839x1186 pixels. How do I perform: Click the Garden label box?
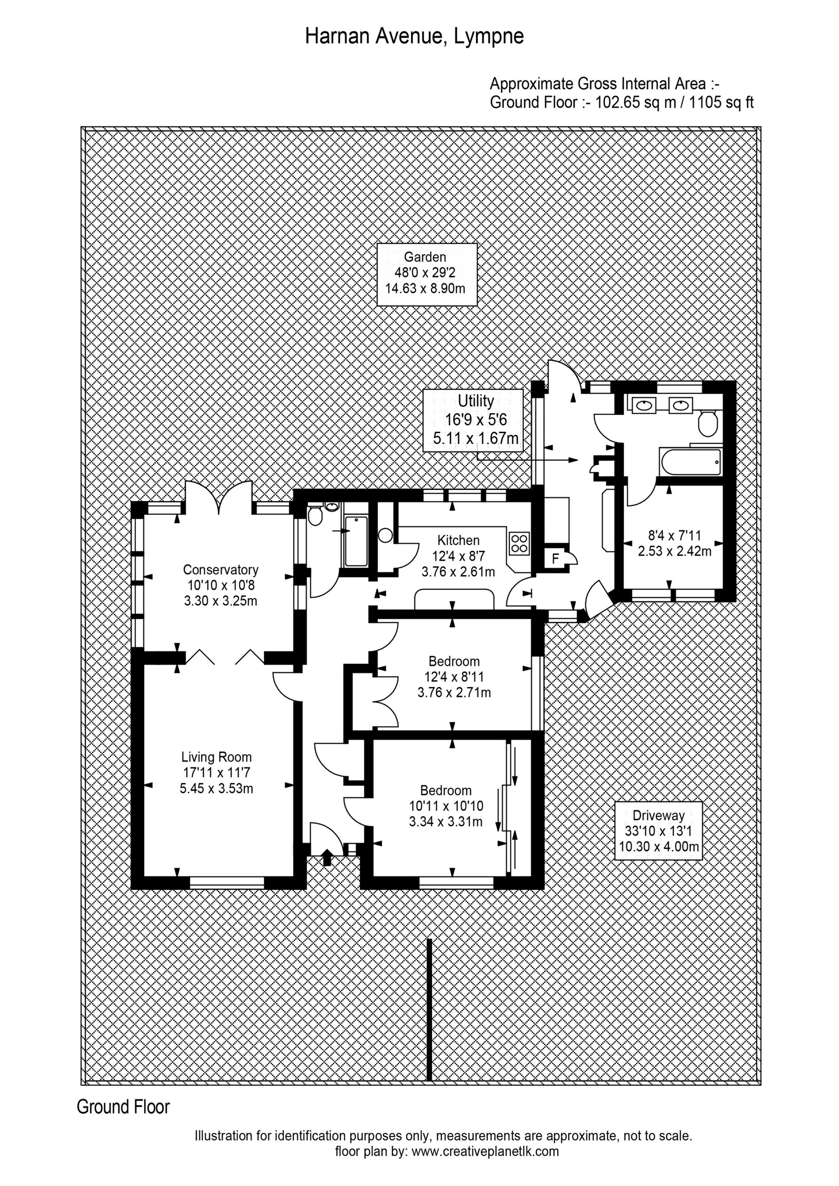(x=426, y=274)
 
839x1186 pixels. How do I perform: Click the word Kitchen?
(x=459, y=540)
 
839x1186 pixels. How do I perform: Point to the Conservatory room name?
(x=221, y=570)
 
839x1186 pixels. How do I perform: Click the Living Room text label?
(x=217, y=757)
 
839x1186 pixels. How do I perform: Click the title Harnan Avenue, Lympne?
(x=414, y=36)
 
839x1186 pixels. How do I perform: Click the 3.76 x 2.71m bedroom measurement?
(x=455, y=692)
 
